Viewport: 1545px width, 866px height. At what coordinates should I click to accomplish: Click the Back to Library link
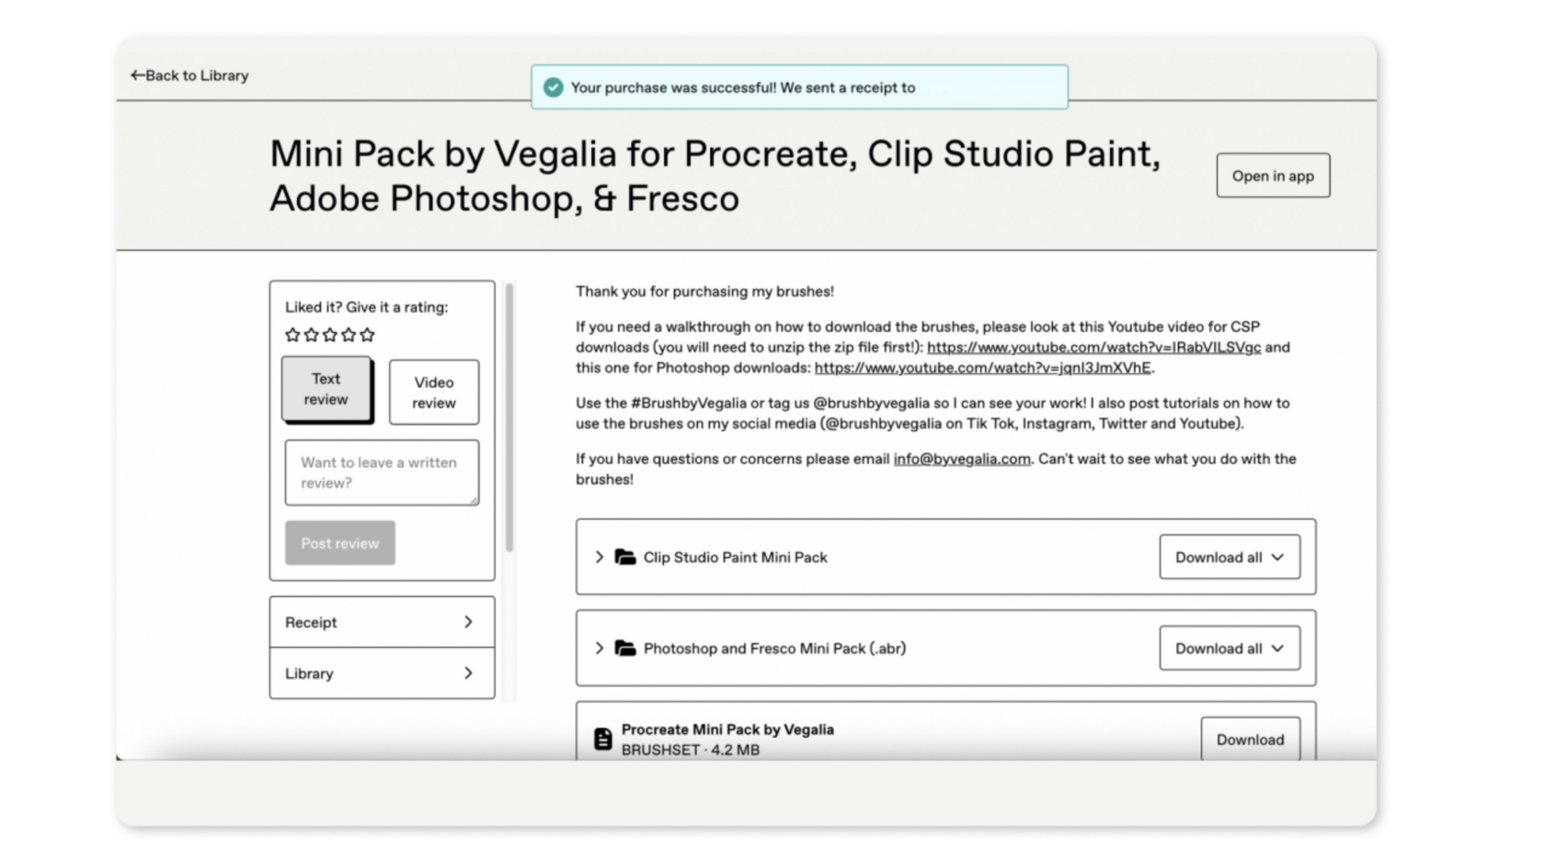click(189, 75)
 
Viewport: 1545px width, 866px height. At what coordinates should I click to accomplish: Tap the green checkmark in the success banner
click(554, 87)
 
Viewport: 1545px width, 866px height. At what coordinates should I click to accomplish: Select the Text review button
click(326, 389)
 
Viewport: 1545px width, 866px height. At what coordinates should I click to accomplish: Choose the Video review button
click(434, 393)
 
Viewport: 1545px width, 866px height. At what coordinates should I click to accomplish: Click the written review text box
click(383, 473)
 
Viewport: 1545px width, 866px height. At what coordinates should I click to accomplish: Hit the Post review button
click(340, 543)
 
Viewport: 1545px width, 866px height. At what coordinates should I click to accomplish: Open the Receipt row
click(383, 621)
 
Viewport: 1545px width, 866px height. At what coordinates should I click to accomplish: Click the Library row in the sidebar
click(383, 673)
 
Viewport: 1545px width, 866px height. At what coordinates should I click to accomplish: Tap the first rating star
click(292, 335)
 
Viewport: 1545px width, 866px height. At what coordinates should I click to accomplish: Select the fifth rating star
click(367, 335)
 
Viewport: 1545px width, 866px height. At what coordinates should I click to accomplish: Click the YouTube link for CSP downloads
click(1094, 348)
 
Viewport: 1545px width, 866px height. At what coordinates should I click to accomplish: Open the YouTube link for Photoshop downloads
click(983, 368)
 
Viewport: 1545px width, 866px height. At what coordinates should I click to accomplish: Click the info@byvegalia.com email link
click(962, 460)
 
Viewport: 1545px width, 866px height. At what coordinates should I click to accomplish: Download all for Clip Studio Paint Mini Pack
click(1230, 557)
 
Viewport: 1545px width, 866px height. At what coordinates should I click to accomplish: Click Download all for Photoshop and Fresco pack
click(1230, 648)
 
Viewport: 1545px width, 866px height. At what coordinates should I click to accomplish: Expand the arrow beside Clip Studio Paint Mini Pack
click(600, 557)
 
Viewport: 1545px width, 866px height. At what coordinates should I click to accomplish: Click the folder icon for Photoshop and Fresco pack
click(625, 648)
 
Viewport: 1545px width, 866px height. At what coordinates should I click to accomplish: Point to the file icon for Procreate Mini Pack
click(603, 739)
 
